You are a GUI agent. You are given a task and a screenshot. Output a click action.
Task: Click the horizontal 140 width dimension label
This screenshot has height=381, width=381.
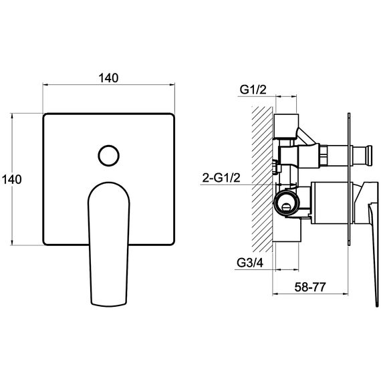click(x=108, y=78)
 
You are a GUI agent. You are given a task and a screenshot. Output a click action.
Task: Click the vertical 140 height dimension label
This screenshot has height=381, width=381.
click(x=11, y=179)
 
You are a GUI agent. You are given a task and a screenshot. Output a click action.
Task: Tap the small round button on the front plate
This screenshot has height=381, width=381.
click(x=108, y=156)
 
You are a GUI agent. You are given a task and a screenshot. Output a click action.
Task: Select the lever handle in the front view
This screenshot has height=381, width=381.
click(x=108, y=244)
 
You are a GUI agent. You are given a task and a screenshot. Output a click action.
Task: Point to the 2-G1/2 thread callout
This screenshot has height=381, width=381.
click(x=221, y=178)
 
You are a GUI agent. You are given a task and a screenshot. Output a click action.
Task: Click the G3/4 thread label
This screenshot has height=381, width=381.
click(x=250, y=263)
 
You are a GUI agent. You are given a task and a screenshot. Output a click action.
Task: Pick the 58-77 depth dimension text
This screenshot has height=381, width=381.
click(x=310, y=287)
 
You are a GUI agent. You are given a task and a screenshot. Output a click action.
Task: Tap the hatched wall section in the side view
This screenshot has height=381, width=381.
click(x=262, y=179)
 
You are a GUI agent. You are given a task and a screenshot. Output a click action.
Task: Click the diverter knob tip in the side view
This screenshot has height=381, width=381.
click(x=370, y=154)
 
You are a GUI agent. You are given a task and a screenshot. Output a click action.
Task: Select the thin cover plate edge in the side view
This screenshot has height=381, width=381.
click(x=349, y=179)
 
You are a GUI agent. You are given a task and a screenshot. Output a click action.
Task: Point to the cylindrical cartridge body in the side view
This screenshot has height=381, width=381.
click(x=331, y=203)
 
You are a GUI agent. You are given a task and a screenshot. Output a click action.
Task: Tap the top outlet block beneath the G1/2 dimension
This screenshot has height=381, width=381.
click(x=286, y=126)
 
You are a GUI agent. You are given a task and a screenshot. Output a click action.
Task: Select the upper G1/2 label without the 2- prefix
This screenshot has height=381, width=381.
click(x=253, y=90)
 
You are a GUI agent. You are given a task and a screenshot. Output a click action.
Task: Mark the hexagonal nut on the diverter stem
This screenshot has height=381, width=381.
click(x=323, y=155)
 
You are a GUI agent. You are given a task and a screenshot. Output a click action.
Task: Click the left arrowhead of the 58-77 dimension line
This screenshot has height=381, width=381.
click(x=275, y=294)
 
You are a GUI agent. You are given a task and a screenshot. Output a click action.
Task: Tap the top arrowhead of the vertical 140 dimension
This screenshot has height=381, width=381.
click(x=12, y=116)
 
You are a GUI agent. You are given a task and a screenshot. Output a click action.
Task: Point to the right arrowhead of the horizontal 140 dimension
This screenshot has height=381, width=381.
click(x=172, y=85)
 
